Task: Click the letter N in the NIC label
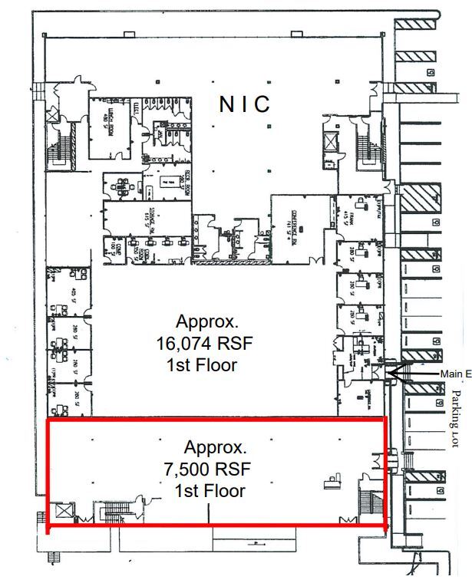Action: click(226, 105)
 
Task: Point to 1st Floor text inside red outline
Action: click(210, 490)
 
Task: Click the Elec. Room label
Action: click(184, 184)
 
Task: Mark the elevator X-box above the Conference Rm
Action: click(330, 142)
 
